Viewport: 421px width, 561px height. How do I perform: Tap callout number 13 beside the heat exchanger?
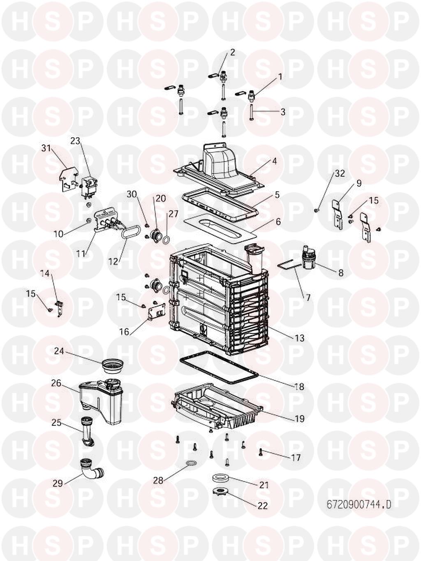[x=299, y=338]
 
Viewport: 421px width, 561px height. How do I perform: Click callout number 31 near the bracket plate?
[x=46, y=148]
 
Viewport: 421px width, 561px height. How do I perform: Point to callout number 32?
[x=339, y=173]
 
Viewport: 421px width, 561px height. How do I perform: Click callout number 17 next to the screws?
[x=296, y=457]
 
